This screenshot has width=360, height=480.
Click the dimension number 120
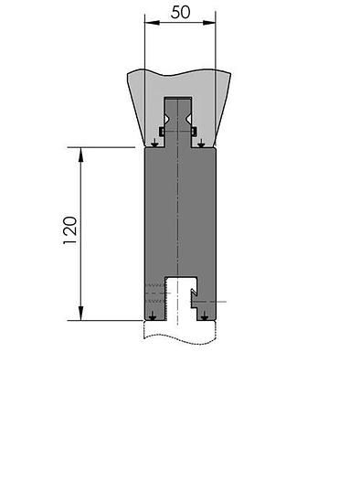(70, 234)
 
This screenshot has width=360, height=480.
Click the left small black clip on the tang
(161, 132)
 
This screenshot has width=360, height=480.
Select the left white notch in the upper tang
(168, 118)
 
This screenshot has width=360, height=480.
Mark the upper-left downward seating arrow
(155, 141)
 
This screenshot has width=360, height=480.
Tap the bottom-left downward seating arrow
(153, 316)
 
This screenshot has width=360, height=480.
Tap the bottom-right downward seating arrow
(205, 316)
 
